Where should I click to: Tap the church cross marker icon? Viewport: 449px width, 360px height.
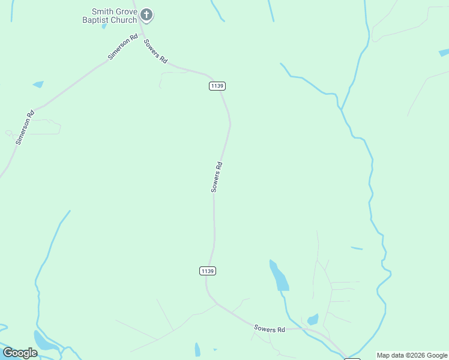coord(146,14)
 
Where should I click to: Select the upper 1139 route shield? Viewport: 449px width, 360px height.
coord(217,86)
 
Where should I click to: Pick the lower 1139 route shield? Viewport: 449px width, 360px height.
coord(207,271)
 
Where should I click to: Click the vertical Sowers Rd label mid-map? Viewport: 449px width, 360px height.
coord(217,177)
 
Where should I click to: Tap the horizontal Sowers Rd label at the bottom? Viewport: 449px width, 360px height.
coord(270,329)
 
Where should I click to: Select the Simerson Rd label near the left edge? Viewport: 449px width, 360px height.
coord(25,127)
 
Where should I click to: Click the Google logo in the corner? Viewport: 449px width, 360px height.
coord(20,353)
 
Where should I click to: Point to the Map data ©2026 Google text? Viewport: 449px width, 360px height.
coord(412,355)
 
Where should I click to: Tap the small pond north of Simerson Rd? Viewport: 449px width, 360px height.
coord(38,85)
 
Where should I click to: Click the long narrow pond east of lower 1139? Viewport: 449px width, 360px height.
coord(279,276)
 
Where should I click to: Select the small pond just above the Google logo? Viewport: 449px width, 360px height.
coord(43,341)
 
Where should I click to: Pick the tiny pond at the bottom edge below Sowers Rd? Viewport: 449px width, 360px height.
coord(197,350)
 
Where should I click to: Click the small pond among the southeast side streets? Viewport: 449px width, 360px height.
coord(313,319)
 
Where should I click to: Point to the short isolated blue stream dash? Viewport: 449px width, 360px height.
coord(357,248)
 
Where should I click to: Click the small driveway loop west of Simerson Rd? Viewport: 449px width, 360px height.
coord(8,133)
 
